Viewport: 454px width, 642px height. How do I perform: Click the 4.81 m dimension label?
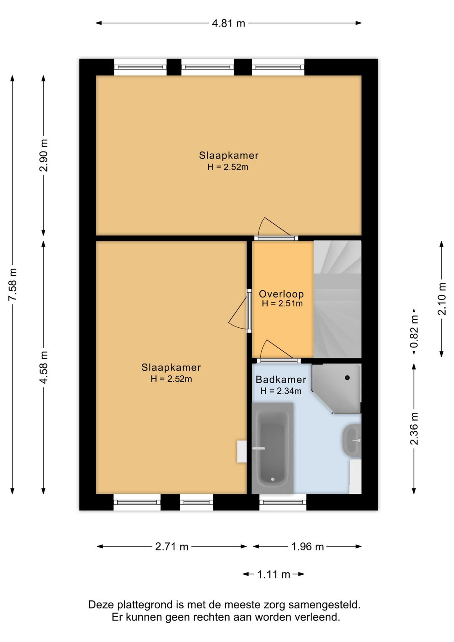[x=228, y=23]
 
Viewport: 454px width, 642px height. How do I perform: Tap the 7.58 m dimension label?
[x=13, y=284]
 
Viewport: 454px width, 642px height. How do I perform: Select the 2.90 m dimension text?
[x=44, y=155]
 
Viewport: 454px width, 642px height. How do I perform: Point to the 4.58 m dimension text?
[x=44, y=367]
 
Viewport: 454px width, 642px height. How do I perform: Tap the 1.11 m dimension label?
[x=274, y=574]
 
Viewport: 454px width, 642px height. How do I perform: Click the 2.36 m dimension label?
[x=414, y=428]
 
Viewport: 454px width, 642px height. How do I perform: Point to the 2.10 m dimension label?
[x=442, y=299]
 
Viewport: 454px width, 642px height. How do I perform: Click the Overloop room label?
[x=281, y=294]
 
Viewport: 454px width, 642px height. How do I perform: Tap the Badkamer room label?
[x=281, y=380]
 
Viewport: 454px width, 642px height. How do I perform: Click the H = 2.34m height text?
[x=281, y=391]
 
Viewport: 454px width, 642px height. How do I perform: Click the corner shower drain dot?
[x=347, y=378]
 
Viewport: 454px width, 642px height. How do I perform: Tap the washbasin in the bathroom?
[x=352, y=440]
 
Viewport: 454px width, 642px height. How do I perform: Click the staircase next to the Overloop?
[x=338, y=299]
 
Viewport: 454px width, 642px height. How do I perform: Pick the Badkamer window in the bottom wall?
[x=283, y=502]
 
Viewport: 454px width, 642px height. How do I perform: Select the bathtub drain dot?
[x=273, y=479]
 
